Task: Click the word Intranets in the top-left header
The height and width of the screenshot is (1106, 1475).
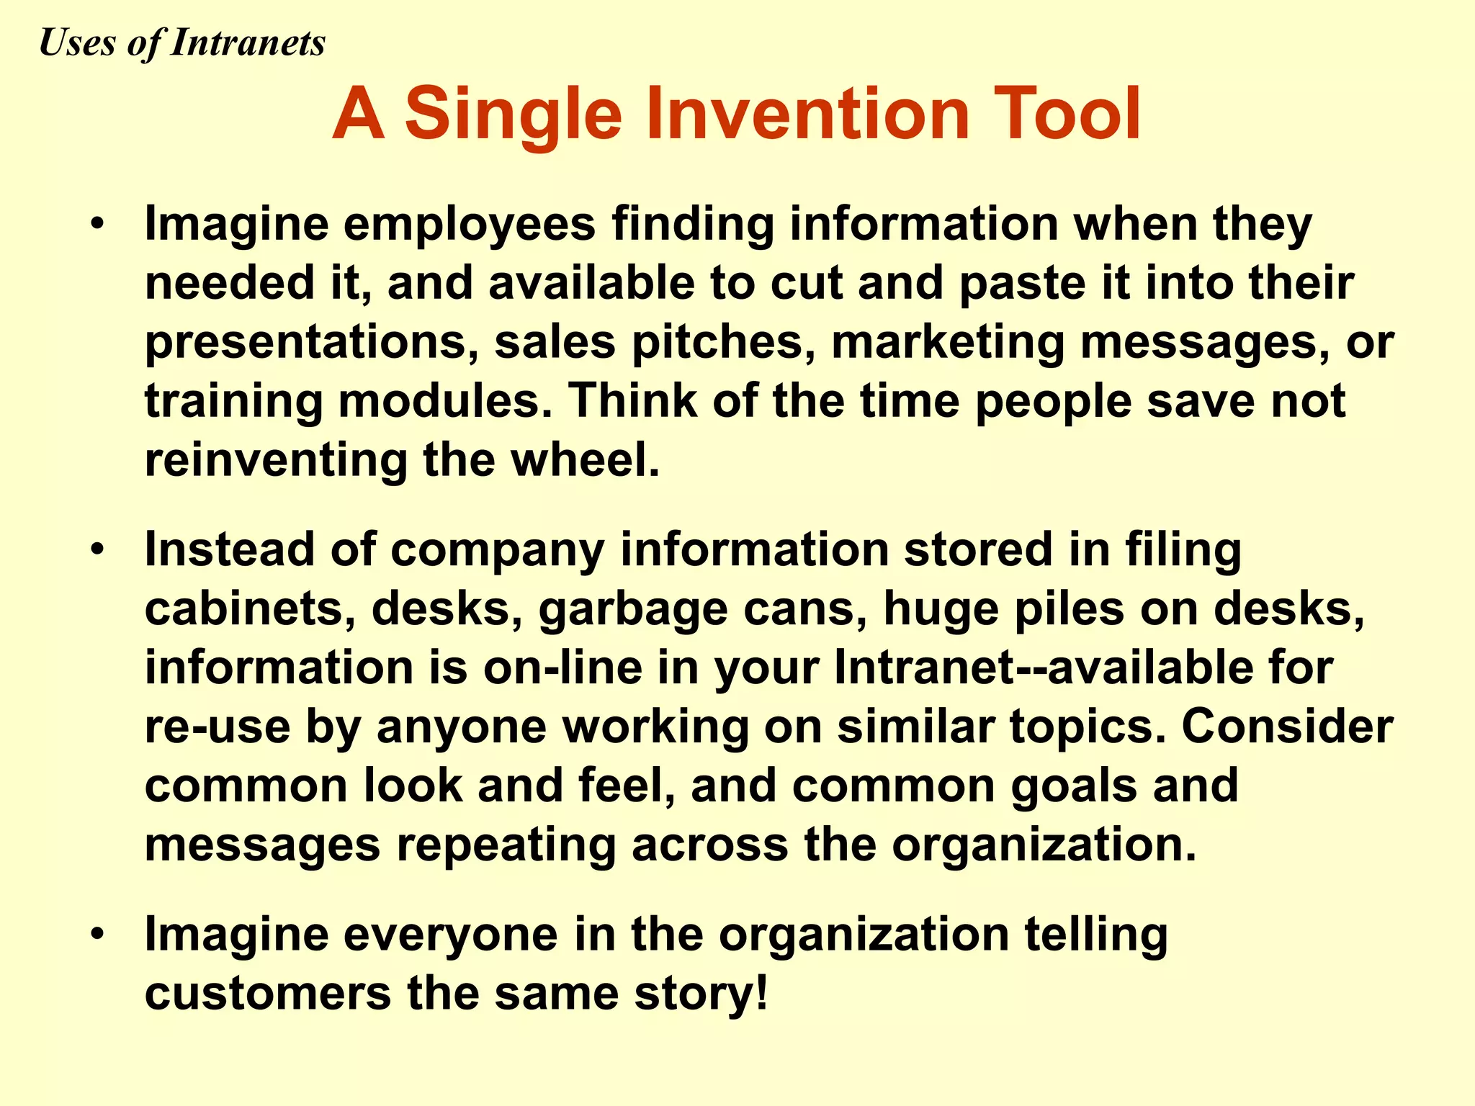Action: pyautogui.click(x=248, y=42)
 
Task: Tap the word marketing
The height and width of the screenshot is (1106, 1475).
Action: pyautogui.click(x=948, y=343)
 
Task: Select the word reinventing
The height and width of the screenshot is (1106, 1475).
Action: pyautogui.click(x=276, y=461)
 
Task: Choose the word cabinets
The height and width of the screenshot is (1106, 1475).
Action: pyautogui.click(x=250, y=608)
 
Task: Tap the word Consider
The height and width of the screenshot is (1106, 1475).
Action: pyautogui.click(x=1287, y=727)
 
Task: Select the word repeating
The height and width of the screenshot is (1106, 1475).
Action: pyautogui.click(x=506, y=845)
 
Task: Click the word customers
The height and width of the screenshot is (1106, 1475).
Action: pyautogui.click(x=267, y=994)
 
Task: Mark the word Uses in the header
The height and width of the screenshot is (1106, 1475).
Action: pyautogui.click(x=76, y=42)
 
